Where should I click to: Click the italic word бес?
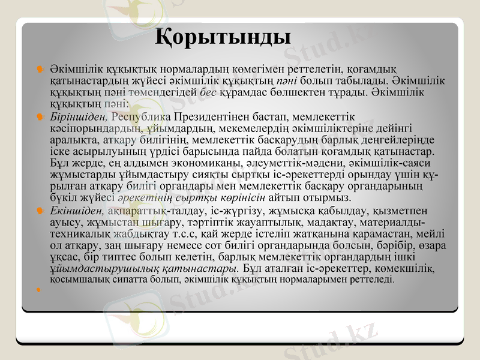pyautogui.click(x=208, y=92)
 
